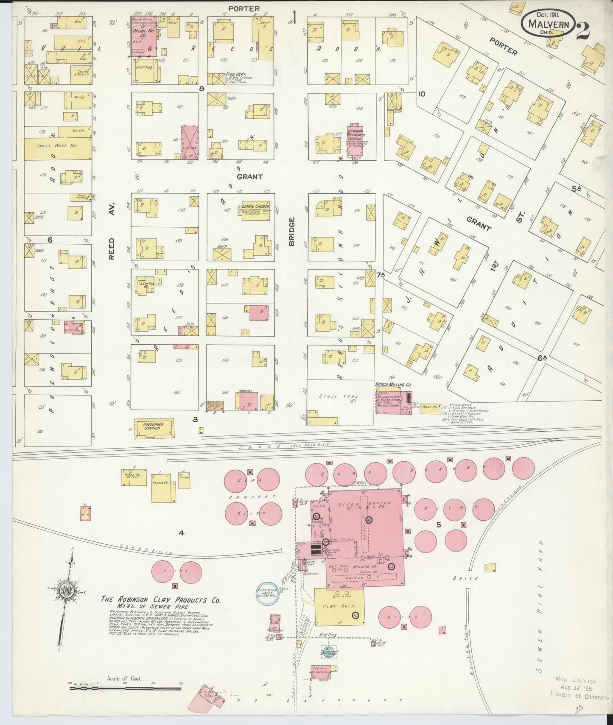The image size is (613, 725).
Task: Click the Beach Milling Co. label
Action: [x=393, y=385]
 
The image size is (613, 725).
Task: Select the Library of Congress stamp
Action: [x=579, y=689]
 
